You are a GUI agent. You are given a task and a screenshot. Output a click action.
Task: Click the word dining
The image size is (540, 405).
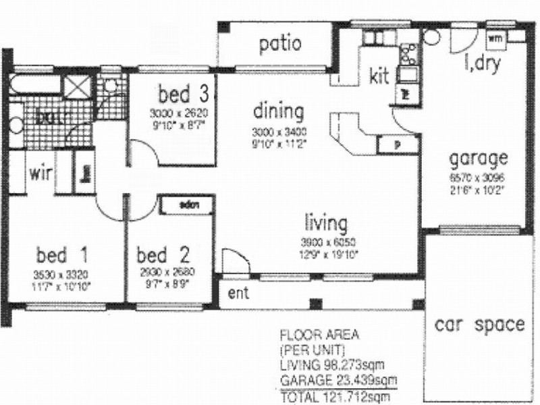[x=278, y=111]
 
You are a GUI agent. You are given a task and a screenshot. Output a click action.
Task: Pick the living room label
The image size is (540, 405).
[x=325, y=222]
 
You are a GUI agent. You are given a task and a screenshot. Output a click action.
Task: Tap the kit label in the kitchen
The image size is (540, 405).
[x=379, y=76]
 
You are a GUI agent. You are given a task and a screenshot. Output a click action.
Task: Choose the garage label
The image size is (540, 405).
[x=479, y=159]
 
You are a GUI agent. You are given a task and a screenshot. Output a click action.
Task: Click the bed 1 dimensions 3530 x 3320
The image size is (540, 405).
[x=61, y=274]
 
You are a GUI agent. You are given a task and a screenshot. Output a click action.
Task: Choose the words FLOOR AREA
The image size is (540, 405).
[x=311, y=335]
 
